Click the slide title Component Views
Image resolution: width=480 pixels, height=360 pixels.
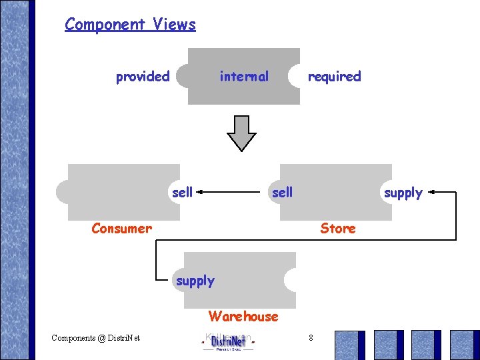coord(130,25)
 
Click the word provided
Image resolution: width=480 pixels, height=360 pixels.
coord(143,77)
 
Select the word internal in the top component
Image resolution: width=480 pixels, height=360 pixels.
coord(244,77)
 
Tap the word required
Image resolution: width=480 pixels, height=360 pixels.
coord(334,77)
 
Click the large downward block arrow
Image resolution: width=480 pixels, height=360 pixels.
coord(241,133)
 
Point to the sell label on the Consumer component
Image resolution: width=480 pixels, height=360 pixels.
coord(182,193)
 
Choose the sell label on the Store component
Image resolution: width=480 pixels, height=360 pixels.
coord(282,193)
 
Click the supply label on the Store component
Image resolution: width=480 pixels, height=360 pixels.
coord(403,193)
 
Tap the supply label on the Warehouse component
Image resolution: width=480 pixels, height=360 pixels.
coord(195,281)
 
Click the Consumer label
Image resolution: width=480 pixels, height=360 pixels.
coord(121,229)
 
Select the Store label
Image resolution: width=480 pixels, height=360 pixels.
coord(337,229)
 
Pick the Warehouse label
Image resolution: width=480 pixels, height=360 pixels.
coord(243,316)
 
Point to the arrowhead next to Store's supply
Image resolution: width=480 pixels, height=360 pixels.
coord(432,193)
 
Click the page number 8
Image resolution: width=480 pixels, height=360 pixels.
coord(311,338)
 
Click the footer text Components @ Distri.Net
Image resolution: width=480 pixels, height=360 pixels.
coord(95,338)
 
